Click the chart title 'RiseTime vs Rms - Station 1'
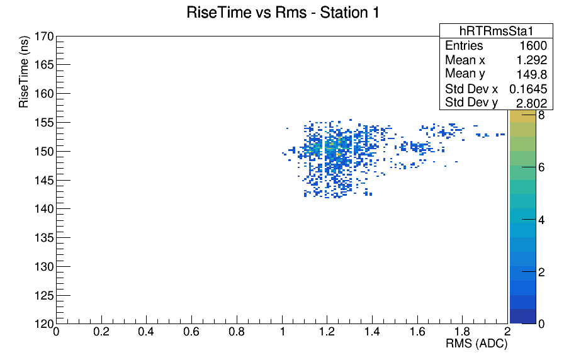tap(283, 13)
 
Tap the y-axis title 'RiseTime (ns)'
tap(24, 72)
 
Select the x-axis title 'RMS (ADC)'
tap(477, 344)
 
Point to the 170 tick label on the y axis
tap(44, 37)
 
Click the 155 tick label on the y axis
tap(44, 123)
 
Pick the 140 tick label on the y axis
tap(44, 208)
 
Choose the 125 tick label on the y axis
tap(44, 296)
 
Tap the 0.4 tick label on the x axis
tap(146, 331)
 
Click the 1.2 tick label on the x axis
tap(327, 331)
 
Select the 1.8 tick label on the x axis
tap(462, 331)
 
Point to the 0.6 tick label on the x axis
tap(191, 331)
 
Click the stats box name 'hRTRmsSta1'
tap(496, 31)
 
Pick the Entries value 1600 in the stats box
tap(533, 46)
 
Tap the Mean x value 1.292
tap(532, 60)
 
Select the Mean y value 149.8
tap(532, 74)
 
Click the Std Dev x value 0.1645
tap(528, 89)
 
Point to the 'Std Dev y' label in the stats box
tap(471, 103)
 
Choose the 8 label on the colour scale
tap(541, 115)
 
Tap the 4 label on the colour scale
tap(541, 220)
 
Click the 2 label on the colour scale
tap(541, 273)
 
